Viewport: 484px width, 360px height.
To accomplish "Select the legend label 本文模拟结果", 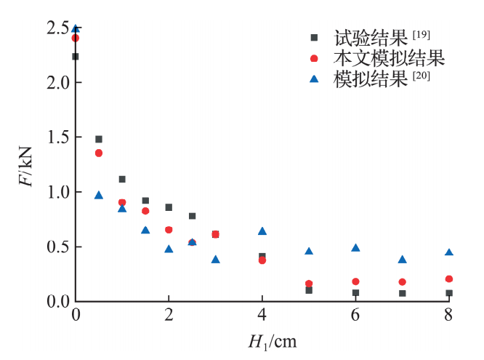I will pyautogui.click(x=389, y=57).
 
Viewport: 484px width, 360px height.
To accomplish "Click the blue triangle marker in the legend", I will pyautogui.click(x=314, y=79).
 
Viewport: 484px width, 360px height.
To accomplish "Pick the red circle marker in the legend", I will pyautogui.click(x=314, y=58).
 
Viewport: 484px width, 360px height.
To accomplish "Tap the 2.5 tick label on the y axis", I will pyautogui.click(x=57, y=28).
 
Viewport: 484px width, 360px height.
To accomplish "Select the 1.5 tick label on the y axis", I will pyautogui.click(x=57, y=137).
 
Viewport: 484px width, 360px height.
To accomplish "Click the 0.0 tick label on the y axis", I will pyautogui.click(x=57, y=301).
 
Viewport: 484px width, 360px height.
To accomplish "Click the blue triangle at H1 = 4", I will pyautogui.click(x=262, y=231).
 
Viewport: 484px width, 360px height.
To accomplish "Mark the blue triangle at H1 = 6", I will pyautogui.click(x=355, y=248).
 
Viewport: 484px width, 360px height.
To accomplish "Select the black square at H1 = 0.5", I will pyautogui.click(x=99, y=139).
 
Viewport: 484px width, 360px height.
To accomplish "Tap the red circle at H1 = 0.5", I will pyautogui.click(x=99, y=153).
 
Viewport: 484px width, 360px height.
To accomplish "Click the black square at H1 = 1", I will pyautogui.click(x=122, y=179).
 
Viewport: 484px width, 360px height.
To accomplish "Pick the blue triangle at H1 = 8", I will pyautogui.click(x=448, y=252).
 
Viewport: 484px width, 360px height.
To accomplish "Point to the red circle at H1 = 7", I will pyautogui.click(x=402, y=281).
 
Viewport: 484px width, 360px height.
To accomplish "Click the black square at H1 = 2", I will pyautogui.click(x=169, y=207).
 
